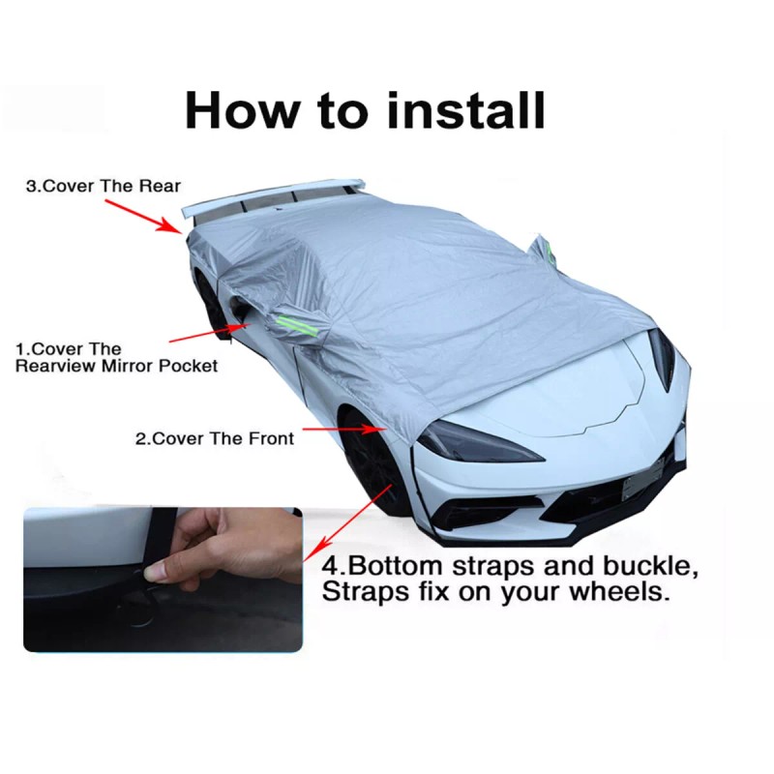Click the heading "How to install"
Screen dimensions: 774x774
(365, 109)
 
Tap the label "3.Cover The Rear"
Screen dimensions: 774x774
(103, 186)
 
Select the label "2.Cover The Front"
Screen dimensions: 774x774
(215, 437)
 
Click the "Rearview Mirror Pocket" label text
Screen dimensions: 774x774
(116, 366)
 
